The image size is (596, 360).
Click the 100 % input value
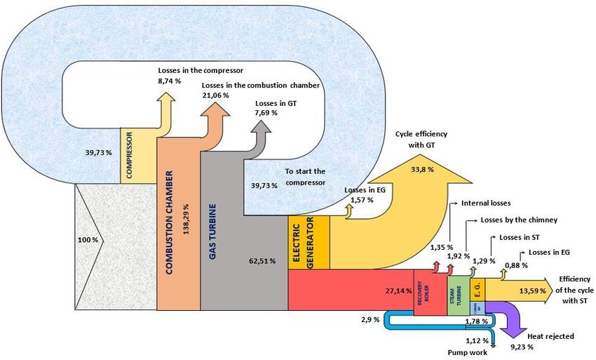pos(88,241)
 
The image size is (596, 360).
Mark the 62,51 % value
pos(262,261)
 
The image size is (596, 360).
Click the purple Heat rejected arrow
pos(518,319)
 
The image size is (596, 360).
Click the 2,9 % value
pos(370,319)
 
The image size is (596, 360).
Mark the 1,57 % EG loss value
pos(360,200)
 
